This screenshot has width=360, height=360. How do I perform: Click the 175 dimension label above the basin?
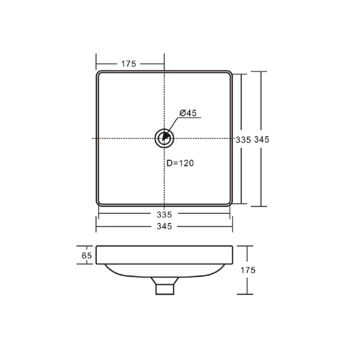click(x=128, y=63)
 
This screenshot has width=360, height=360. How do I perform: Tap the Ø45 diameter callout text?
click(x=187, y=113)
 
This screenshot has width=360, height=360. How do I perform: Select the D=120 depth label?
click(x=180, y=163)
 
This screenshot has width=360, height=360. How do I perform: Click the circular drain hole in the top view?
click(x=164, y=137)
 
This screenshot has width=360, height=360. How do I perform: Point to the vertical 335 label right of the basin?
click(x=242, y=140)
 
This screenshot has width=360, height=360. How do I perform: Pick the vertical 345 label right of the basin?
click(x=262, y=140)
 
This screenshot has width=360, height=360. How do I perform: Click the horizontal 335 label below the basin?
click(x=164, y=214)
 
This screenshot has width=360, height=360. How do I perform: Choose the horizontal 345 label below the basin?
click(x=164, y=226)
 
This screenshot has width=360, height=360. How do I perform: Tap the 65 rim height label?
click(x=86, y=255)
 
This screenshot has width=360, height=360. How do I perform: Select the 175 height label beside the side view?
click(x=248, y=270)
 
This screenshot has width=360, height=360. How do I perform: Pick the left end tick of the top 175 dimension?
click(x=96, y=63)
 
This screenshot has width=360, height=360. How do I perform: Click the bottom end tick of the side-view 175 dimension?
click(x=245, y=294)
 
